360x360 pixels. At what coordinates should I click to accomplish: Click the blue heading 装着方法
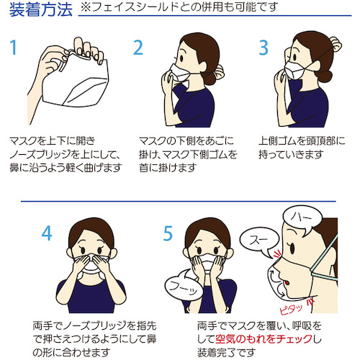click(x=41, y=9)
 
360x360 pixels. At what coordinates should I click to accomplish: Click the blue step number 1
click(x=14, y=48)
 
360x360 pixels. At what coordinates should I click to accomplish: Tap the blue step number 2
click(x=138, y=48)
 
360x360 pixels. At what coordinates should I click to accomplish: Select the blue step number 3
click(x=264, y=48)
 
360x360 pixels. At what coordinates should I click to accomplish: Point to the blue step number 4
click(x=47, y=233)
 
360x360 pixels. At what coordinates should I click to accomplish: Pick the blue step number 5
click(x=168, y=233)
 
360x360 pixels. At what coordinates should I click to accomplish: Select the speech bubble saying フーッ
click(x=184, y=286)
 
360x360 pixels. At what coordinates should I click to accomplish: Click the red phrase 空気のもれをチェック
click(x=264, y=339)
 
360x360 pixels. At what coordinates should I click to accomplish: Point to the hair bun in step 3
click(x=336, y=45)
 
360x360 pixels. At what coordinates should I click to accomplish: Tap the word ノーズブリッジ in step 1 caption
click(x=40, y=154)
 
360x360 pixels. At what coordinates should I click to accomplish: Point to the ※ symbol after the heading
click(x=86, y=7)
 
